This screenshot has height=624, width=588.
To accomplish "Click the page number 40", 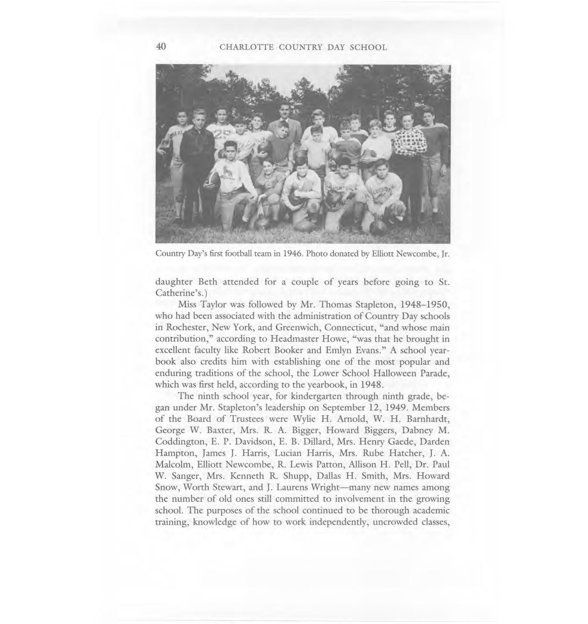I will click(161, 47).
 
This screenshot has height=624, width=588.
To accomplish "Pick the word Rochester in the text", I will click(187, 328).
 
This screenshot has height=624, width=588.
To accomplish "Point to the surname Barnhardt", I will click(425, 419).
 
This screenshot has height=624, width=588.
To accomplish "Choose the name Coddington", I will click(181, 442).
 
